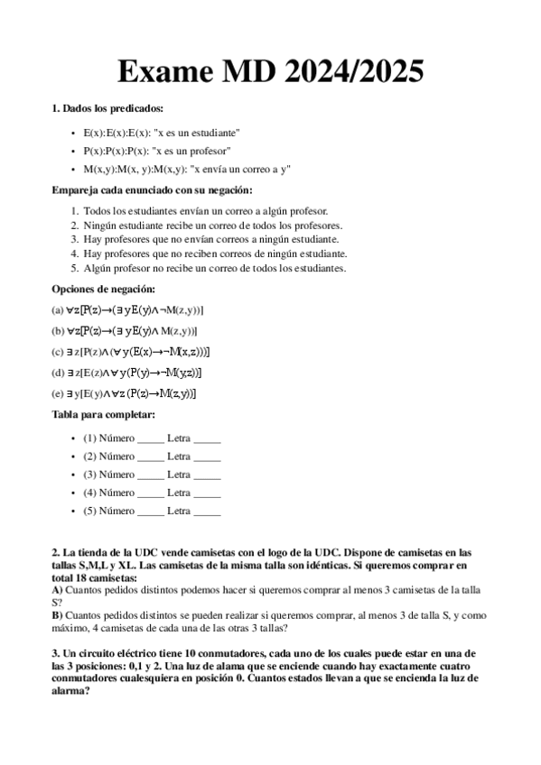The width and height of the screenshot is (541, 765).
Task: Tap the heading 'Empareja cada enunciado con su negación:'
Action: click(153, 189)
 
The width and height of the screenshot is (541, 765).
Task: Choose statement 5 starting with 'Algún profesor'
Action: click(214, 268)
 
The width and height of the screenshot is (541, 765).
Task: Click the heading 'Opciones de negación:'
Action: click(103, 289)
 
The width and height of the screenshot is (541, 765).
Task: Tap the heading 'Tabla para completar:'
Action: click(103, 414)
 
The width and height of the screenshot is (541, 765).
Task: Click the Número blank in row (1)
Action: click(151, 439)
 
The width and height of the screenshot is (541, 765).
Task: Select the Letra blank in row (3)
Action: click(207, 475)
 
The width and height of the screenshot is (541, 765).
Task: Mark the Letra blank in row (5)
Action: click(207, 511)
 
